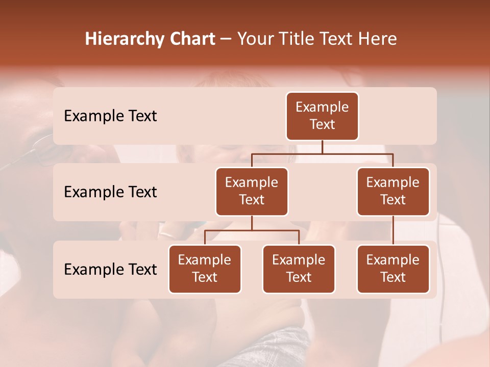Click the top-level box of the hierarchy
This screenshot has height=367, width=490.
click(322, 116)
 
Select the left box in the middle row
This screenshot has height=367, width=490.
click(252, 191)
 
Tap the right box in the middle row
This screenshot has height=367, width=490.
click(393, 191)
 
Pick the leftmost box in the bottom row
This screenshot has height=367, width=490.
click(205, 269)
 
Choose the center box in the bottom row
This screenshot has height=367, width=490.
click(299, 269)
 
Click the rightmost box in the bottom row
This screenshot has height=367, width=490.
click(393, 269)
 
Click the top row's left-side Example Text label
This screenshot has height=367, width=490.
click(110, 116)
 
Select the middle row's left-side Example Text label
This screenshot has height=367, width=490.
click(110, 192)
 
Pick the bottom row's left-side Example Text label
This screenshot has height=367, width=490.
click(110, 269)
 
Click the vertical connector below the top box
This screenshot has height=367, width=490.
click(322, 147)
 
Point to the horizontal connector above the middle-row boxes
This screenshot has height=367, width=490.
click(322, 153)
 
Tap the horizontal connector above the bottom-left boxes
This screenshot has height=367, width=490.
click(252, 230)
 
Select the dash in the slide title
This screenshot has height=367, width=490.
click(226, 39)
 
